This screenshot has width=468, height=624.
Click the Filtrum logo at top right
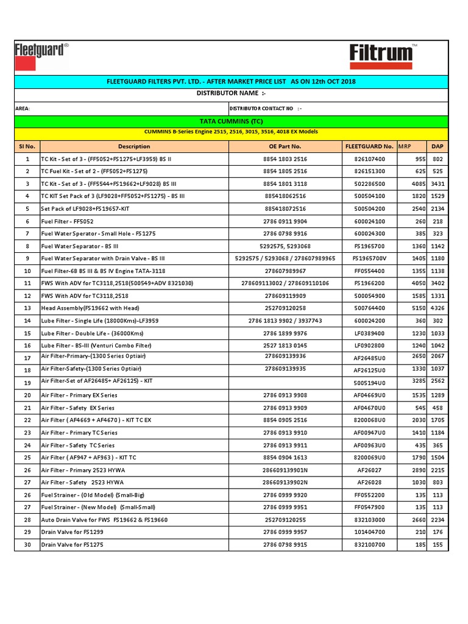pos(382,55)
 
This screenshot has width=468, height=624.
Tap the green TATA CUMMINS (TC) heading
pos(231,121)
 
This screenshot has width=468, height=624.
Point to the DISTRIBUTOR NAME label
pos(231,93)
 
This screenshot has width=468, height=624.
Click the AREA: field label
pos(23,108)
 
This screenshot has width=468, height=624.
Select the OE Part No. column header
pos(285,146)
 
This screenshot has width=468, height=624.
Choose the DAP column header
pos(437,146)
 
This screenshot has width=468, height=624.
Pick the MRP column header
pos(404,146)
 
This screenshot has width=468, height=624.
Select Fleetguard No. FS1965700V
pos(369,258)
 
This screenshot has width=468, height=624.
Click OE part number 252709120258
pos(285,308)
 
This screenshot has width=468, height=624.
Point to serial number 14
pos(27,321)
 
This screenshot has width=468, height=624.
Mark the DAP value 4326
pos(437,308)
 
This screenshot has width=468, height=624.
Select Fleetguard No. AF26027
pos(369,470)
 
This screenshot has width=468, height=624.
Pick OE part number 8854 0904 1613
pos(285,457)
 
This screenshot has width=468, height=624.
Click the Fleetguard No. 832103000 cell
pos(369,519)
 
